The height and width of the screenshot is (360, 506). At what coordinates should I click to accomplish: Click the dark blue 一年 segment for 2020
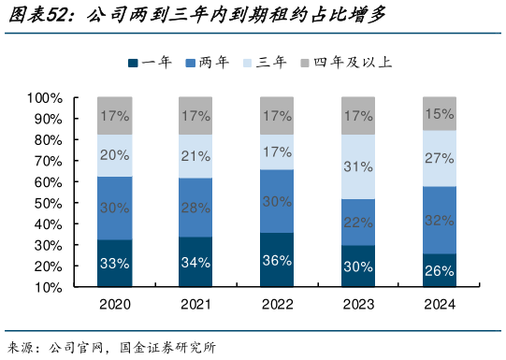pos(114,263)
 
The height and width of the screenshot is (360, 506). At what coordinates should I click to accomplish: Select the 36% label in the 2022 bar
pos(277,261)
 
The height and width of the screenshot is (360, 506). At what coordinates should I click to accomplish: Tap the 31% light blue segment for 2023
pos(358,167)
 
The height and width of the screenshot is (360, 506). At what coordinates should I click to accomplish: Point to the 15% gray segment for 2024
pos(439,113)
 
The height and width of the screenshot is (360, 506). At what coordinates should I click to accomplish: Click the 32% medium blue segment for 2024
pos(439,220)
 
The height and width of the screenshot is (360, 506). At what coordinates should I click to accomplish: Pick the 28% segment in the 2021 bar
pos(195,208)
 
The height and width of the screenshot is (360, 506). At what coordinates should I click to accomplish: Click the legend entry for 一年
pos(149,63)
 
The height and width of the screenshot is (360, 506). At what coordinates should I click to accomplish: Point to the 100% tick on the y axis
pos(45,97)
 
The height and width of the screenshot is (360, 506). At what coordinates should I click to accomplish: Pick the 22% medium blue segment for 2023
pos(358,223)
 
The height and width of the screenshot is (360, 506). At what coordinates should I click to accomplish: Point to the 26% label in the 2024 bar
pos(439,271)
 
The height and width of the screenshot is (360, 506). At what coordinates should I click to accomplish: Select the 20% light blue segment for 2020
pos(114,155)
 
